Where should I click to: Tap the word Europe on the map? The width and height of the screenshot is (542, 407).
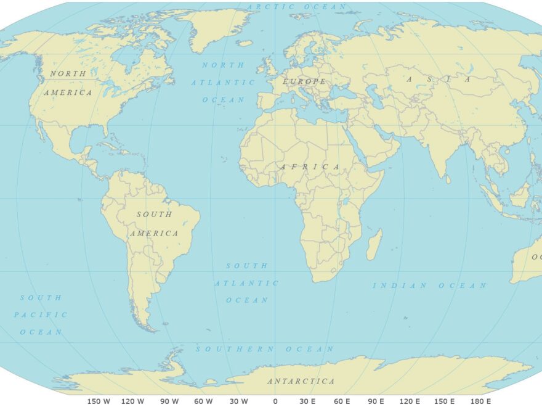(304, 81)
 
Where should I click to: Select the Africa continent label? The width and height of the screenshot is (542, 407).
(310, 167)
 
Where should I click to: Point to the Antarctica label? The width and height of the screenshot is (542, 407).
(301, 381)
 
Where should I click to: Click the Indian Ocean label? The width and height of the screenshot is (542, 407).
(429, 286)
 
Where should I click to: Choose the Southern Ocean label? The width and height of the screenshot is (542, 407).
(265, 349)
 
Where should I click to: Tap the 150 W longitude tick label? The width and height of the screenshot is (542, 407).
(99, 401)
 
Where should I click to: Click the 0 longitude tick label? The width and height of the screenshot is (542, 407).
(275, 401)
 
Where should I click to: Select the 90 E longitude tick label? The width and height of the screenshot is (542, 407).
(376, 401)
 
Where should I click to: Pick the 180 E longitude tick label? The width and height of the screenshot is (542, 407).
(480, 401)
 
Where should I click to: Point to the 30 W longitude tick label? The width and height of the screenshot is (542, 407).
(239, 401)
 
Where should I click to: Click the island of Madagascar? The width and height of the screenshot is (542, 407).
(374, 245)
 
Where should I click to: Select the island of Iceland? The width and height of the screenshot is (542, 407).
(245, 43)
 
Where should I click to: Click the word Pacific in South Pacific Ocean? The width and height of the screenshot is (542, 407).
(41, 314)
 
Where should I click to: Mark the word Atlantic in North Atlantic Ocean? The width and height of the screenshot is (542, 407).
(222, 82)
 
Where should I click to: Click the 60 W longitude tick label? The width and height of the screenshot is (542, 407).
(204, 401)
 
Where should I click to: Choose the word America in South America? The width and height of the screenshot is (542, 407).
(154, 234)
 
